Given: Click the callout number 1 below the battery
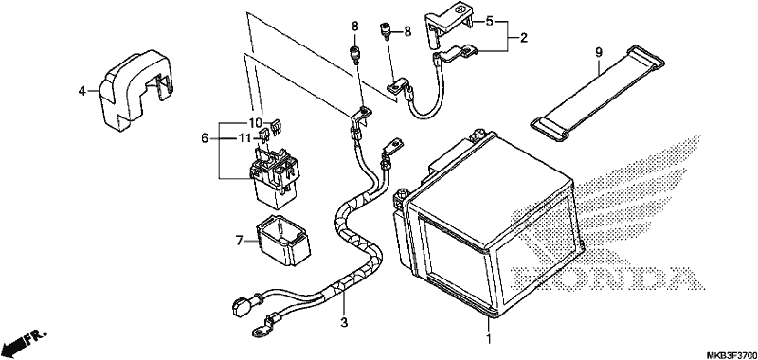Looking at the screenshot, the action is click(489, 337).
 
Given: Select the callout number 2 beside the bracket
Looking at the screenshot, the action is click(524, 37).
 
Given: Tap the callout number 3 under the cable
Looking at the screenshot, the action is click(344, 322).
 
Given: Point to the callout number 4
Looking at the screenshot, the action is click(82, 90).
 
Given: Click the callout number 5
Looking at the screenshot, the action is click(490, 22).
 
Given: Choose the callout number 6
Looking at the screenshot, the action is click(205, 138).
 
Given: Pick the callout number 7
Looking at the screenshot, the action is click(239, 241).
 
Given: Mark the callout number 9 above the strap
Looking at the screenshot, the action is click(599, 52).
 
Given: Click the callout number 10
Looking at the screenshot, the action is click(256, 122).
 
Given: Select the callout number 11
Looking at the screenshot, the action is click(245, 138).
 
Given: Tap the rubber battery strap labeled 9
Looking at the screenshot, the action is click(598, 93).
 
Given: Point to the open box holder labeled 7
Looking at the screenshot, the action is click(282, 241).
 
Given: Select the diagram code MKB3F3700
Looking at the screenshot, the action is click(732, 355).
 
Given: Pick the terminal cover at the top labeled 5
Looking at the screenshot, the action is click(447, 27).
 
